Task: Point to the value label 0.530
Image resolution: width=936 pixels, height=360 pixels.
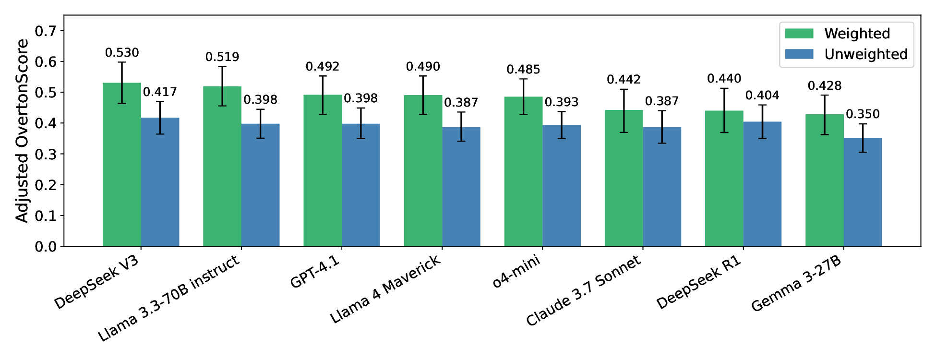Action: click(x=122, y=53)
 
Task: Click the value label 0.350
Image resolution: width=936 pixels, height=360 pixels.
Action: click(x=863, y=114)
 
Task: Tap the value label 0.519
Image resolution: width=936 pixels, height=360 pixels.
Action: click(x=222, y=57)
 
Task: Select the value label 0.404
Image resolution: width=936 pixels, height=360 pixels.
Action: click(x=762, y=96)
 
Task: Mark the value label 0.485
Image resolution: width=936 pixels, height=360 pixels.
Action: click(x=523, y=70)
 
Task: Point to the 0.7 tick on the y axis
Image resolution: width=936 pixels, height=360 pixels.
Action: click(x=46, y=31)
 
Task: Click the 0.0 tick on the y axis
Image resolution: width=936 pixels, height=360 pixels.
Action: click(x=46, y=247)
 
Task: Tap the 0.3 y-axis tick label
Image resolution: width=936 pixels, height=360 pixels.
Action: click(x=46, y=155)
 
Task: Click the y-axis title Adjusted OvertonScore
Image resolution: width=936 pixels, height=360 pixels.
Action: click(x=22, y=131)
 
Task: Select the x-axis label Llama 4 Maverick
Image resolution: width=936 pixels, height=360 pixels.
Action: click(x=385, y=289)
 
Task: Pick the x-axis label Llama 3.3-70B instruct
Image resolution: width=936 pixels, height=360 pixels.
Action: click(x=168, y=299)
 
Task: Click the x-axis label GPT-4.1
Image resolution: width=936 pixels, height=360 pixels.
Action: click(x=315, y=272)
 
